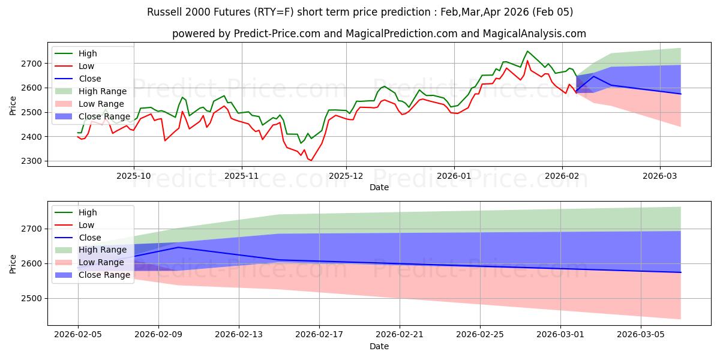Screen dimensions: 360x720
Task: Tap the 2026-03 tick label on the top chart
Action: click(660, 177)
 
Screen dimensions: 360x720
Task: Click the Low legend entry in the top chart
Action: click(88, 66)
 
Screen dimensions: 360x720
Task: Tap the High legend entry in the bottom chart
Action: click(88, 212)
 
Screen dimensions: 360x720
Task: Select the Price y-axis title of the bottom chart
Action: click(13, 263)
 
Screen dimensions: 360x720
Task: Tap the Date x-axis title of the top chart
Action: click(379, 188)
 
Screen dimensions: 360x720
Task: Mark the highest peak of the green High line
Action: click(527, 51)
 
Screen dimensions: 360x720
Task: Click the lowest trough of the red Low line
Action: click(311, 160)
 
